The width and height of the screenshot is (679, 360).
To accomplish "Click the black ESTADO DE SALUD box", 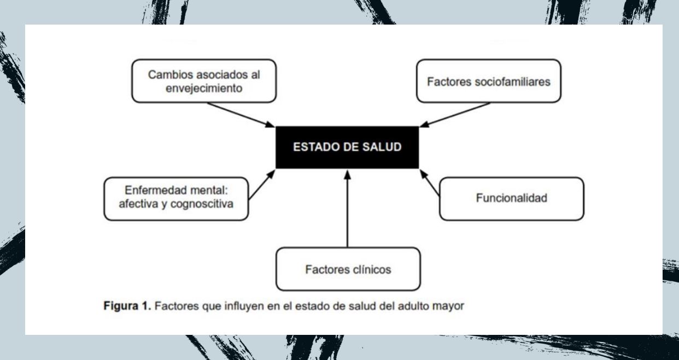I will [347, 147].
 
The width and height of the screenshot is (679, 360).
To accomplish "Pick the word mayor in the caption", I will [452, 306].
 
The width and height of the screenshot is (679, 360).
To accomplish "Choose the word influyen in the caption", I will [239, 306].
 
